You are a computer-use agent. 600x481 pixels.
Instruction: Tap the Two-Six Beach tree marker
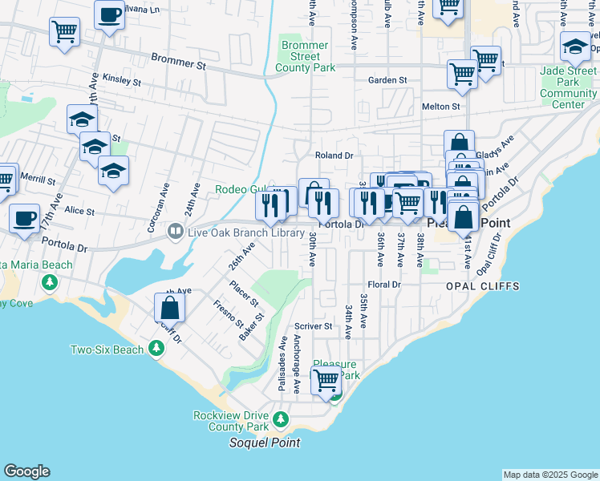[x=156, y=350]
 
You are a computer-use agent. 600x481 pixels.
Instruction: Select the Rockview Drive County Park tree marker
[x=280, y=419]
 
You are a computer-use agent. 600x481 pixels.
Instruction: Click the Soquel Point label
[x=265, y=443]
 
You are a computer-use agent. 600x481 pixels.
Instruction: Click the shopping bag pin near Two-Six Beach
[x=170, y=307]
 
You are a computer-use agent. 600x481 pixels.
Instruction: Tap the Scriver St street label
[x=313, y=326]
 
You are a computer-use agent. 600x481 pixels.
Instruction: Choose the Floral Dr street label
[x=383, y=285]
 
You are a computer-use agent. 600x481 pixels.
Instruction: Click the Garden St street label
[x=387, y=80]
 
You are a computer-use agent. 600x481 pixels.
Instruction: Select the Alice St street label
[x=79, y=212]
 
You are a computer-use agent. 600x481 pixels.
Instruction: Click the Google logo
[x=26, y=471]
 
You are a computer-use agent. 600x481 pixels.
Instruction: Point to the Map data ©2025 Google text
[x=549, y=475]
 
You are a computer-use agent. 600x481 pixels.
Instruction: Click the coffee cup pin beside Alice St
[x=25, y=218]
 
